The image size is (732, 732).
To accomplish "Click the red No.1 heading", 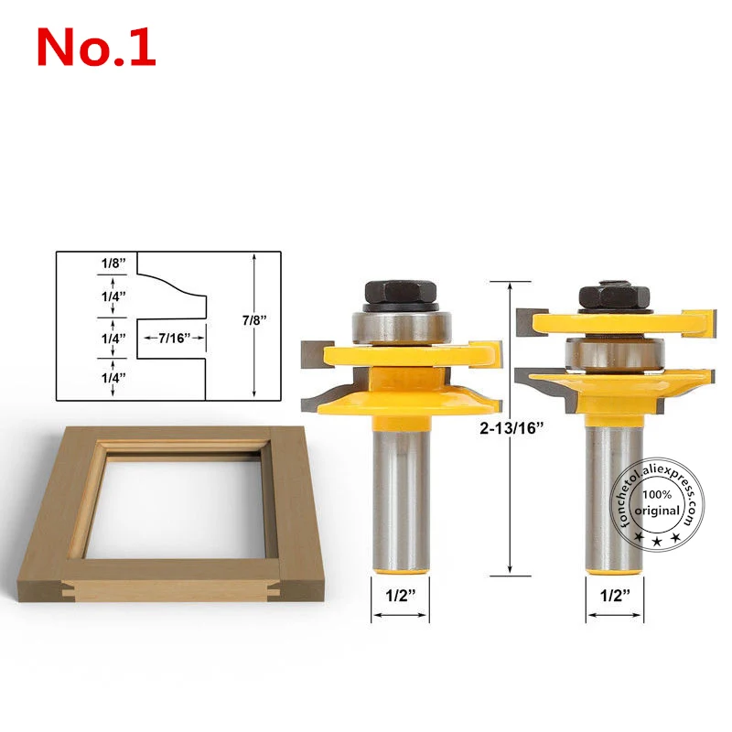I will pos(96,47).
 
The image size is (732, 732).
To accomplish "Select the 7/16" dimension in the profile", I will pos(173,337).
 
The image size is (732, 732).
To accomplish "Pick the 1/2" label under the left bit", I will pos(400,596).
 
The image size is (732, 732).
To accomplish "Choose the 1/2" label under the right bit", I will pos(615,596).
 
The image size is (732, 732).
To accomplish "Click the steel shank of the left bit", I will pos(400,494).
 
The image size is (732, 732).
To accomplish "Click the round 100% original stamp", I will pos(657,501).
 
